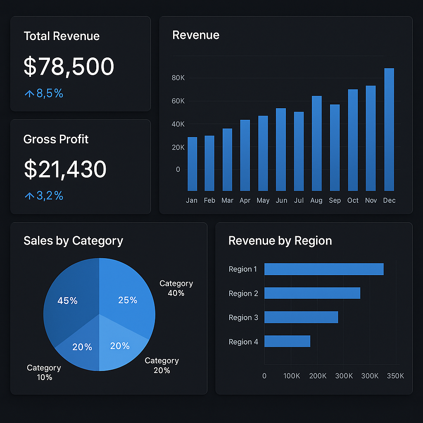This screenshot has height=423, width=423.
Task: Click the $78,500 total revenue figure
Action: (x=69, y=67)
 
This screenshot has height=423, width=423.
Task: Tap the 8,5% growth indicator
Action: (x=44, y=93)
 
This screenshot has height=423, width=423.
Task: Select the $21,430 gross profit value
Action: (x=65, y=169)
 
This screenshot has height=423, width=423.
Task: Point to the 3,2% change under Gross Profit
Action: (x=44, y=195)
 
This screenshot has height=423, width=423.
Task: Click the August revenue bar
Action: (x=317, y=143)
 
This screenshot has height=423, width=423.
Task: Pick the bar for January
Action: (x=192, y=164)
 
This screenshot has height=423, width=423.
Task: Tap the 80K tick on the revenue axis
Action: (x=178, y=78)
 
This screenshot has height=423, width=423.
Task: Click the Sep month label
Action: (x=335, y=200)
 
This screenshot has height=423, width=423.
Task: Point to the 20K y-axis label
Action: (x=178, y=147)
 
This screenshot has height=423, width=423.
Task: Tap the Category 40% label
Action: (x=176, y=288)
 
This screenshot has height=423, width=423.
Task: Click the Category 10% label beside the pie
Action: (x=44, y=372)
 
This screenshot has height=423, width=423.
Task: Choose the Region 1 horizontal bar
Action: (x=324, y=269)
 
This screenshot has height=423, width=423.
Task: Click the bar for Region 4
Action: (x=287, y=341)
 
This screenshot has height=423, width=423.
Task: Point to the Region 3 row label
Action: (x=243, y=318)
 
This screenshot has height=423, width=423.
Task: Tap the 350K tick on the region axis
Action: (x=395, y=376)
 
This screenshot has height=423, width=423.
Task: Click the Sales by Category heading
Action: (x=73, y=241)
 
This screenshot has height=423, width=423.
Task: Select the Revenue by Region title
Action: (x=280, y=241)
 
